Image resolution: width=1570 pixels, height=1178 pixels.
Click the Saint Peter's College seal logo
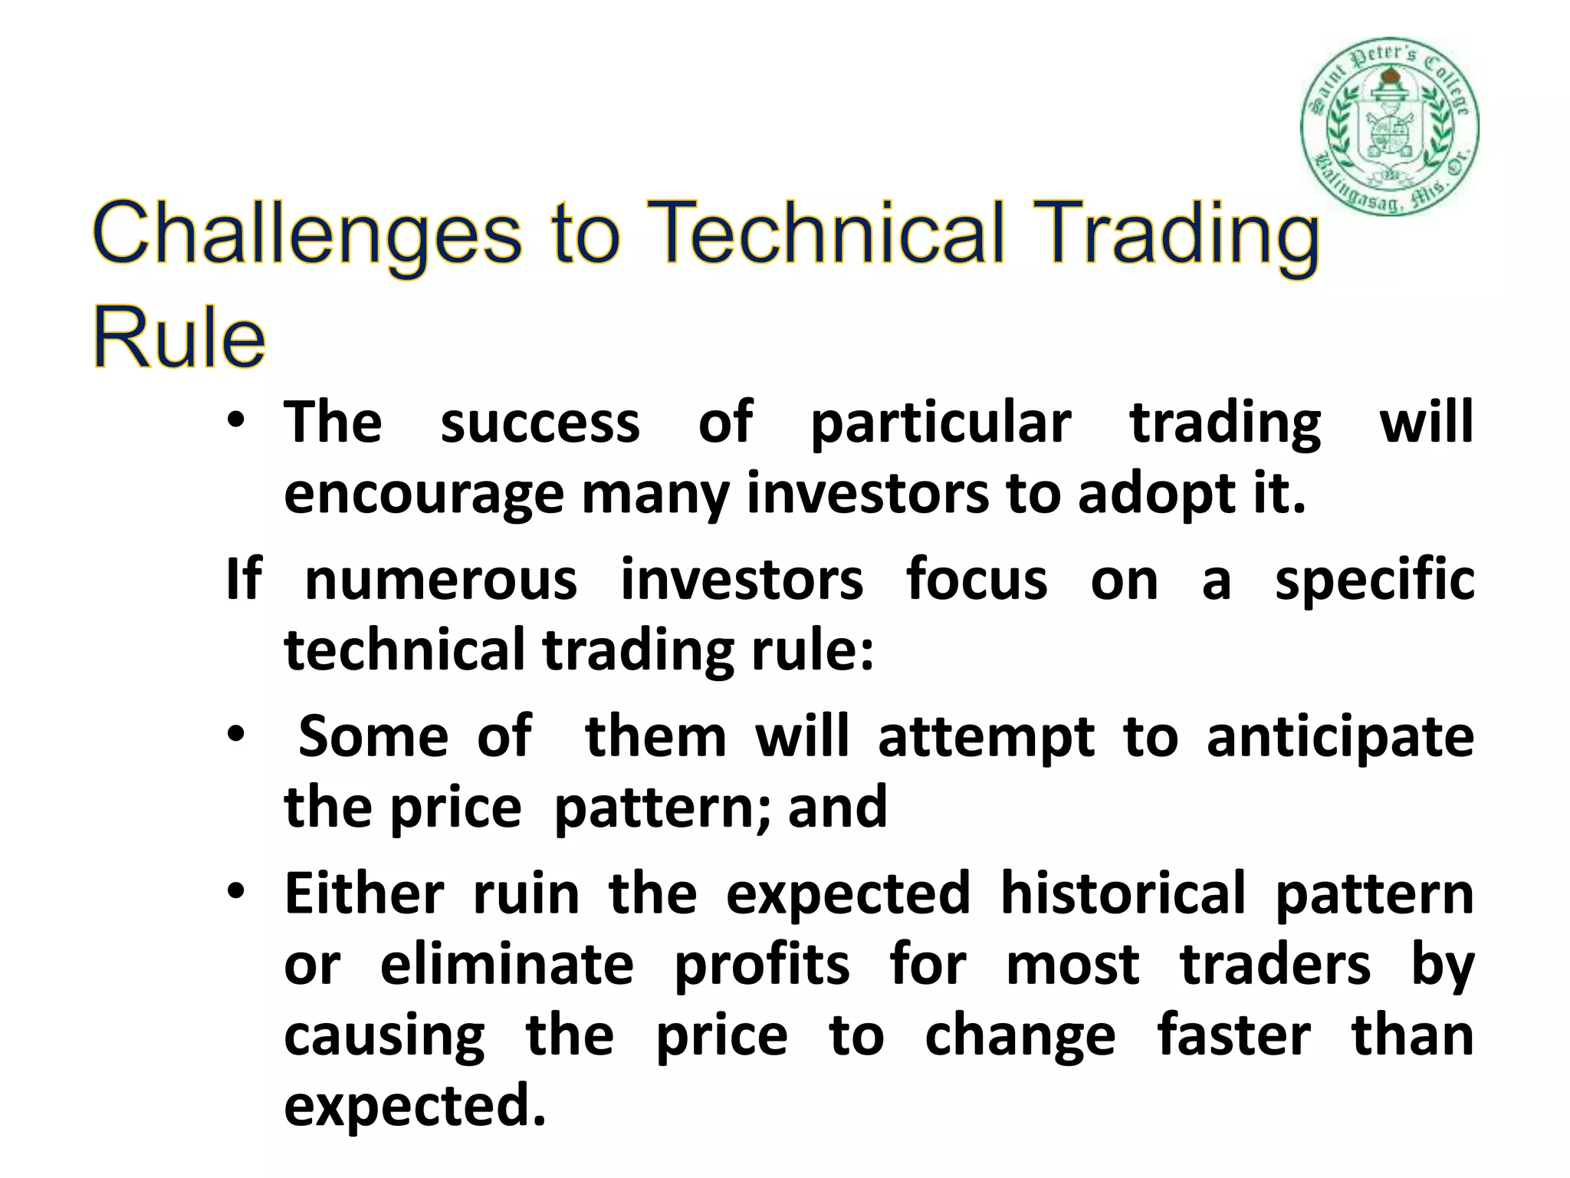tap(1389, 127)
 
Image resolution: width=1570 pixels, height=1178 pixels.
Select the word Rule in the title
tap(179, 337)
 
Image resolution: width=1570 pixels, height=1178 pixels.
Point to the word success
tap(540, 423)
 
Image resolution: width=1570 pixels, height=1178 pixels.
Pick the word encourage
tap(424, 495)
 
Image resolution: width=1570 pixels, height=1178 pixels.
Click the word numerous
tap(441, 580)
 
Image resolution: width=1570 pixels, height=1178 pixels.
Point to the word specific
tap(1374, 581)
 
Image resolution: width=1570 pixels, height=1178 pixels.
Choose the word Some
tap(373, 737)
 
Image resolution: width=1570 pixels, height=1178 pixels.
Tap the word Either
tap(364, 894)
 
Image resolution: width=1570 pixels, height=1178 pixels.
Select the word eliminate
tap(507, 965)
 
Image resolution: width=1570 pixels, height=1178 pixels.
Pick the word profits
tap(761, 965)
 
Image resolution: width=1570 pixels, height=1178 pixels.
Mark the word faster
tap(1233, 1035)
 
